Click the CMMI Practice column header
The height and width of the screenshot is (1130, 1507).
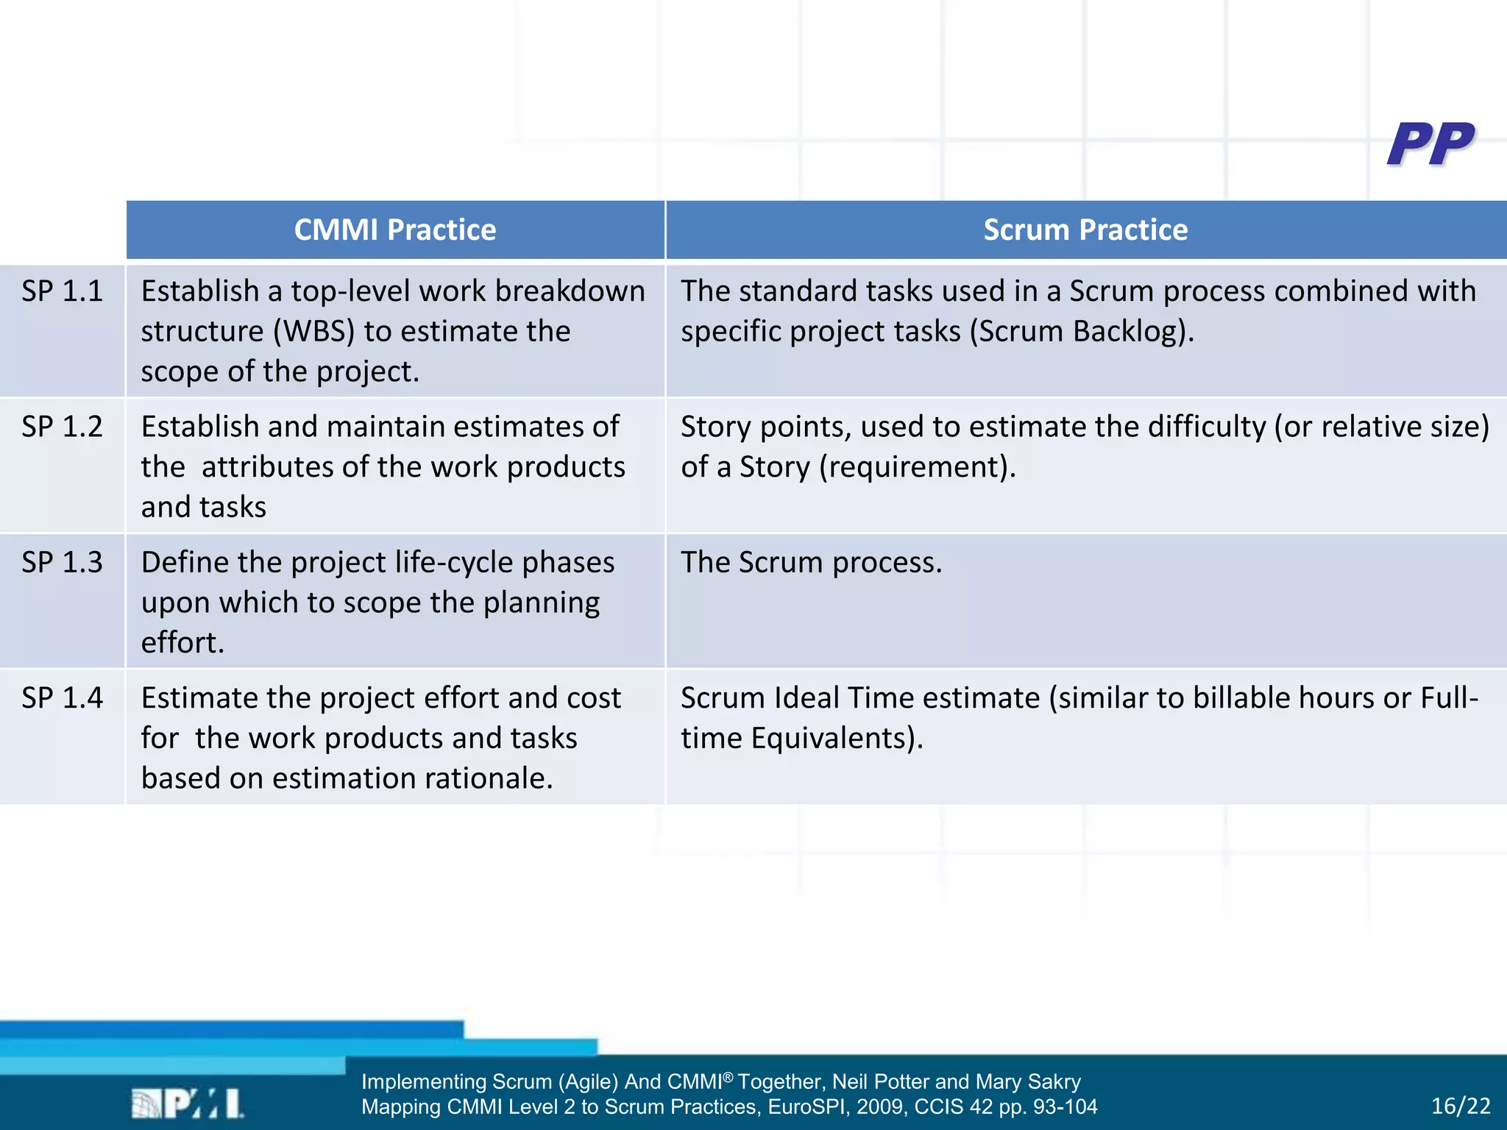395,230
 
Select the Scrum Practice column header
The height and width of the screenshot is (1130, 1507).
1085,230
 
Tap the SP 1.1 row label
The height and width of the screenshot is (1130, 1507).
62,291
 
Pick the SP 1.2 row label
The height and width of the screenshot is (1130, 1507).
62,427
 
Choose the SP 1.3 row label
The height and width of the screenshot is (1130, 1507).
62,562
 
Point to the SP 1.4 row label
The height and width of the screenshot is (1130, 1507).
62,697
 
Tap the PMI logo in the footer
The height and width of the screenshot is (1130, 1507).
188,1104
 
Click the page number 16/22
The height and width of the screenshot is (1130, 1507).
1461,1106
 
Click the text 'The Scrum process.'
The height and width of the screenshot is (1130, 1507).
811,562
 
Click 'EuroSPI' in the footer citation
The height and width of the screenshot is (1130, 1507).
808,1106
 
